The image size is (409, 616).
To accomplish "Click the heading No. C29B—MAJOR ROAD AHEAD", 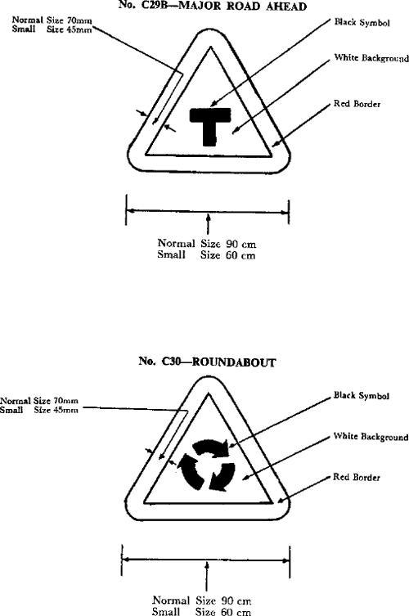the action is (x=213, y=6).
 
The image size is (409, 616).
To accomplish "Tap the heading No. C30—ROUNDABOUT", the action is (x=207, y=362).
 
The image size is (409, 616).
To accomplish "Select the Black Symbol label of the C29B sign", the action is (x=362, y=22).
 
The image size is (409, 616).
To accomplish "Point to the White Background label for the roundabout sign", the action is (x=371, y=437).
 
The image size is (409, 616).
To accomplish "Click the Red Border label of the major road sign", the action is (x=357, y=104).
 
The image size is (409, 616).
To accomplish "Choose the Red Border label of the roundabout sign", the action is (x=357, y=477).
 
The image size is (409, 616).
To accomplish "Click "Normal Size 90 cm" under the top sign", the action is (x=207, y=244).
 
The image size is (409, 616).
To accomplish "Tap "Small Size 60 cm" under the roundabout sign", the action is (x=201, y=611).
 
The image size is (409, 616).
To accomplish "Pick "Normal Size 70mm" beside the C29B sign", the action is (x=52, y=20).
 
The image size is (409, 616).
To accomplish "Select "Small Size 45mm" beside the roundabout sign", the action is (x=39, y=410).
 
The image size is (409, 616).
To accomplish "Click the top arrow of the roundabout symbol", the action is (x=211, y=447).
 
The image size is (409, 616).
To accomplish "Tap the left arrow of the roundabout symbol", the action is (x=189, y=470).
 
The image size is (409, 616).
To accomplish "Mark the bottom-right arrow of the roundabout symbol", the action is (x=222, y=477).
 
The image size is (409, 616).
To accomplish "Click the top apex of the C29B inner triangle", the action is (x=211, y=47).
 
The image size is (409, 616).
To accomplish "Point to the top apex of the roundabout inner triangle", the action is (x=209, y=394).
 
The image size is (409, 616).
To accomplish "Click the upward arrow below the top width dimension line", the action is (x=209, y=223).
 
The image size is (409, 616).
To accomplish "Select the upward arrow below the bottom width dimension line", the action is (x=207, y=577).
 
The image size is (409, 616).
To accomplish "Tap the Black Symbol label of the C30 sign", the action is (x=362, y=395).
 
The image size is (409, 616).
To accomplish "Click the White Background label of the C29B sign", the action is (x=371, y=58).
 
